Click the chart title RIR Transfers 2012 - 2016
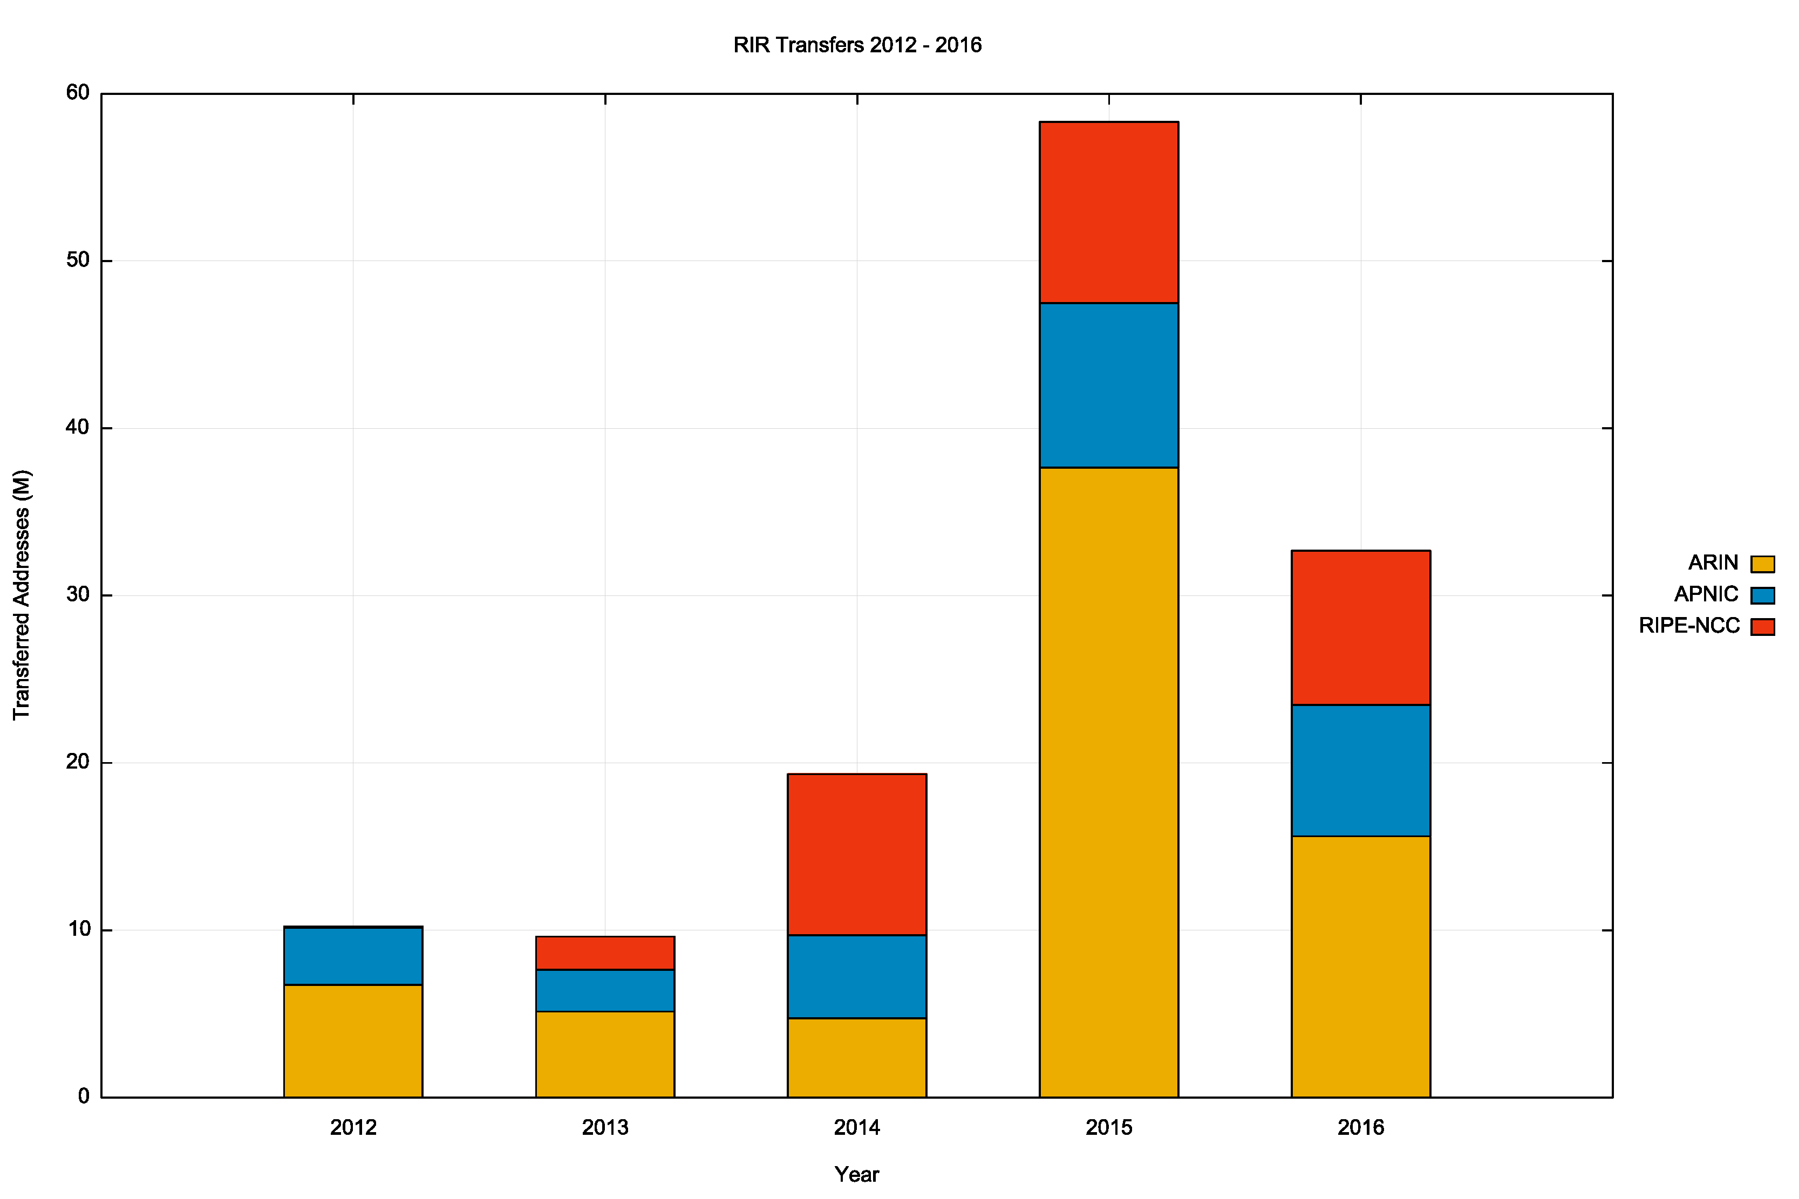point(857,45)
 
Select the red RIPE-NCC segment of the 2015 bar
point(1108,213)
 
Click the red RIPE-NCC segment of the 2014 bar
point(857,854)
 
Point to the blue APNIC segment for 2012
point(352,956)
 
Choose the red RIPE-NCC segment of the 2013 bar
point(604,953)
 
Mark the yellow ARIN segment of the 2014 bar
point(857,1058)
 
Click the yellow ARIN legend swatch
point(1762,564)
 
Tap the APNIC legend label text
point(1706,594)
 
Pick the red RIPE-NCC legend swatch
point(1762,627)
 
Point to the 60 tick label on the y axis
point(78,93)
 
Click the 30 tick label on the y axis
point(78,594)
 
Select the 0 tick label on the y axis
point(84,1096)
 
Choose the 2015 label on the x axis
point(1108,1127)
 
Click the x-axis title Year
point(857,1175)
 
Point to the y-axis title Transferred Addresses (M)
point(22,594)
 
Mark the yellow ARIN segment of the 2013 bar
point(604,1054)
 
